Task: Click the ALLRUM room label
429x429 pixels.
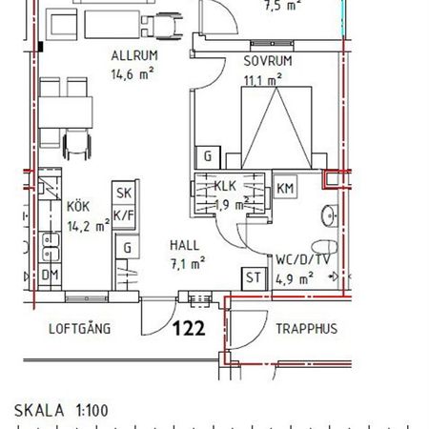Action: pyautogui.click(x=133, y=54)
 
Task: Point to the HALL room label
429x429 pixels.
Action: pyautogui.click(x=185, y=244)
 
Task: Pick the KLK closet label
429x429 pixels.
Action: pyautogui.click(x=226, y=187)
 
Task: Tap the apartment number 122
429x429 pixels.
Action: pyautogui.click(x=189, y=329)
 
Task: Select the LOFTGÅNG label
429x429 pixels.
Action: pyautogui.click(x=80, y=329)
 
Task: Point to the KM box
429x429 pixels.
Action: pyautogui.click(x=285, y=188)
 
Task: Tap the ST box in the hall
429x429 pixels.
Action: pyautogui.click(x=254, y=277)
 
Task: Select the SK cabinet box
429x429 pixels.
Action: pyautogui.click(x=123, y=193)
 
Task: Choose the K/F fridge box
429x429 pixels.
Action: pyautogui.click(x=123, y=215)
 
